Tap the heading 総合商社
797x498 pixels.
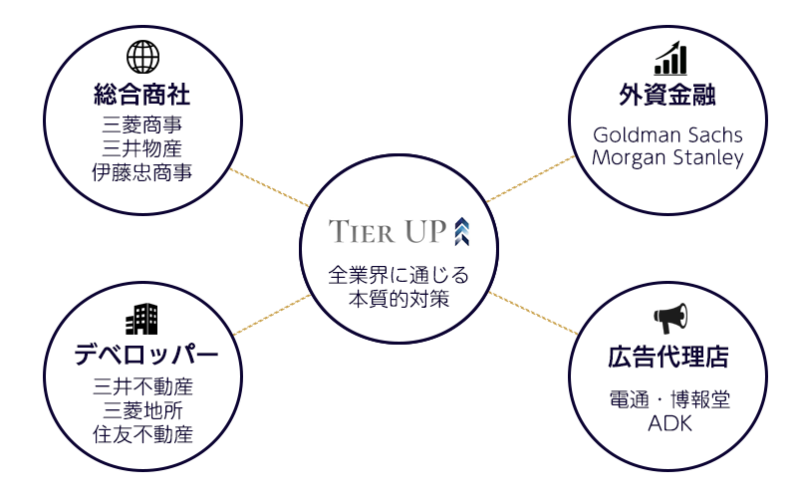pyautogui.click(x=142, y=96)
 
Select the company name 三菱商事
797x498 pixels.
pyautogui.click(x=142, y=125)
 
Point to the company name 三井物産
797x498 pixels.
pyautogui.click(x=142, y=148)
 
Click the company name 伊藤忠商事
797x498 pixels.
pyautogui.click(x=142, y=172)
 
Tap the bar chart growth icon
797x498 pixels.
pyautogui.click(x=670, y=58)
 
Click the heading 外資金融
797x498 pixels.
pyautogui.click(x=668, y=97)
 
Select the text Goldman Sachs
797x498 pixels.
pyautogui.click(x=667, y=134)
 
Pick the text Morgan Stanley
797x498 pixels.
pyautogui.click(x=667, y=158)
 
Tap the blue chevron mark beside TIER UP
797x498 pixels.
pyautogui.click(x=461, y=231)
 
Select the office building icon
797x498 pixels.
pyautogui.click(x=142, y=319)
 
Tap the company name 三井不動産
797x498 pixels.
pyautogui.click(x=142, y=386)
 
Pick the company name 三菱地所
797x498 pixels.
pyautogui.click(x=142, y=410)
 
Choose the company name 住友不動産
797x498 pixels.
pyautogui.click(x=142, y=434)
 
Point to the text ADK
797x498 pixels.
pyautogui.click(x=669, y=424)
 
